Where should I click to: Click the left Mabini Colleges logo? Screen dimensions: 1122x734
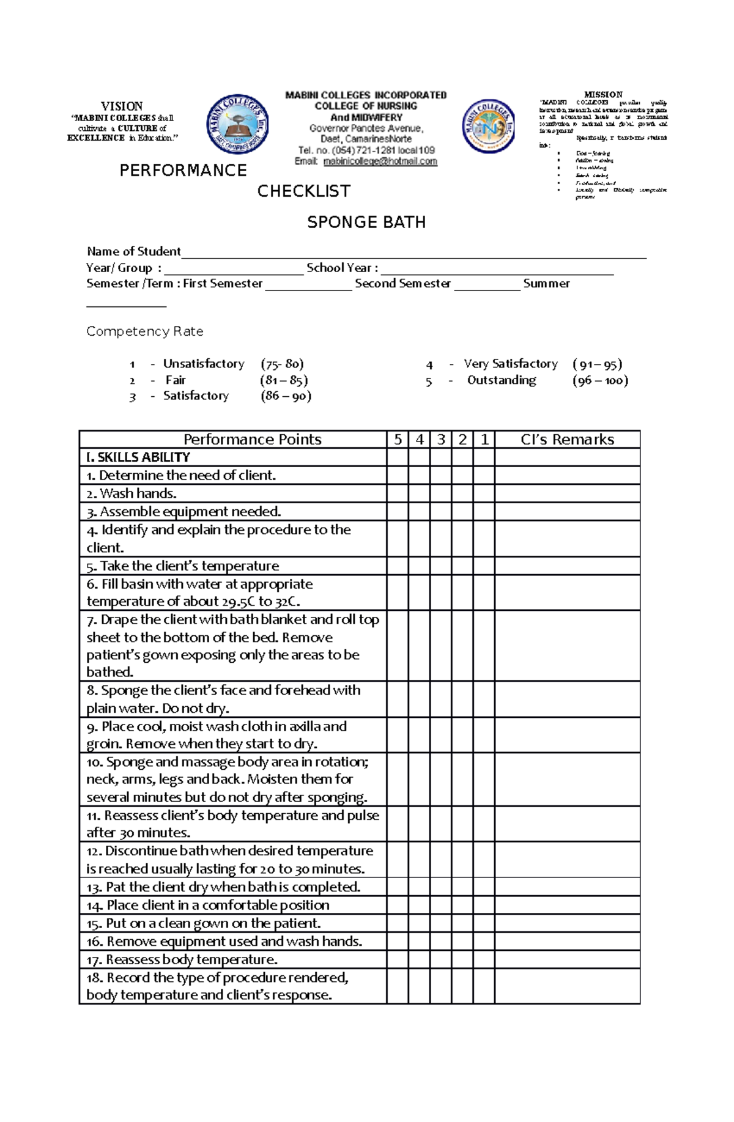(x=238, y=125)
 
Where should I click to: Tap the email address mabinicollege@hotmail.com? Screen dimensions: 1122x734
(x=380, y=161)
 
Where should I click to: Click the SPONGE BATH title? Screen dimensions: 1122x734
(x=366, y=222)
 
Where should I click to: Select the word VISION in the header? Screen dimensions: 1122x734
(x=122, y=106)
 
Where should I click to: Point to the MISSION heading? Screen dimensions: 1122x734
(x=603, y=95)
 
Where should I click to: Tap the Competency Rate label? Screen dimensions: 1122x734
(x=144, y=331)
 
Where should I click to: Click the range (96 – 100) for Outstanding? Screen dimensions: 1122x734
(x=600, y=380)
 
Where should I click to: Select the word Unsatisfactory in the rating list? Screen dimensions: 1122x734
(x=204, y=364)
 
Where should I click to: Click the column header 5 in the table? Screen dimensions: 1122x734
(x=398, y=440)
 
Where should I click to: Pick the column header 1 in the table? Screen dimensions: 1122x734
(x=484, y=440)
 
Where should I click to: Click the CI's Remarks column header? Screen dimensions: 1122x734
(x=567, y=440)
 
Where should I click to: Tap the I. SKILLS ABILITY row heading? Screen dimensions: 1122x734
(x=138, y=457)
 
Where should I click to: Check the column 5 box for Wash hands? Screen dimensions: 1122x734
(x=398, y=493)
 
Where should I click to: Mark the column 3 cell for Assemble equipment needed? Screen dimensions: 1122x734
(x=440, y=512)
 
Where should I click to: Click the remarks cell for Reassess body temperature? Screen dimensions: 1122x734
(x=567, y=959)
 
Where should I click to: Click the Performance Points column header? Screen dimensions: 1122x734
(x=252, y=440)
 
